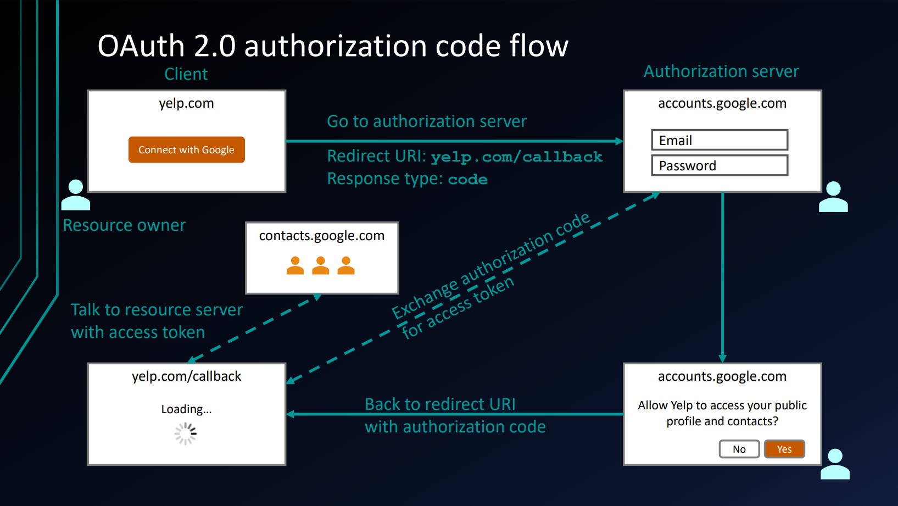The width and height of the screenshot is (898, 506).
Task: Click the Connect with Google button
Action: [186, 150]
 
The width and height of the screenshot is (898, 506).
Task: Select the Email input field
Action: [719, 140]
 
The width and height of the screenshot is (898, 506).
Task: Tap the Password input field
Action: [719, 165]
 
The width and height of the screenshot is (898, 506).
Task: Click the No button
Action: [739, 449]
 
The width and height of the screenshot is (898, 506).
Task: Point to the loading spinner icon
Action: [186, 433]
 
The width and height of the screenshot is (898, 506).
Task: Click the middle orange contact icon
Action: [321, 265]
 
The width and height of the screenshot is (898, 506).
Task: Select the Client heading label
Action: [186, 74]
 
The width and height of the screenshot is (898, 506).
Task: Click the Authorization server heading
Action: [721, 71]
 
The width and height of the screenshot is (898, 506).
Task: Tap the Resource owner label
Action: [124, 225]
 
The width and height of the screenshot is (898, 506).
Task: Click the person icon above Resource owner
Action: [76, 195]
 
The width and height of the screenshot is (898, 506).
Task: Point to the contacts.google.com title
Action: [322, 236]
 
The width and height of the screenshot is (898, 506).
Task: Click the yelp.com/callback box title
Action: [186, 376]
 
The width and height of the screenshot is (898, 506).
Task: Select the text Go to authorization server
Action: [427, 121]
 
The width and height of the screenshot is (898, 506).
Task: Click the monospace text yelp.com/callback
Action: [516, 157]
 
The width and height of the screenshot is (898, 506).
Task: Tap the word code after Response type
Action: [467, 180]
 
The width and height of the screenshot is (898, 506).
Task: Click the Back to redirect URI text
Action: [440, 404]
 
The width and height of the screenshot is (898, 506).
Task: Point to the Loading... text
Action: [186, 409]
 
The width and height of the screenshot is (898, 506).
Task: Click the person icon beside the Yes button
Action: [835, 464]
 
